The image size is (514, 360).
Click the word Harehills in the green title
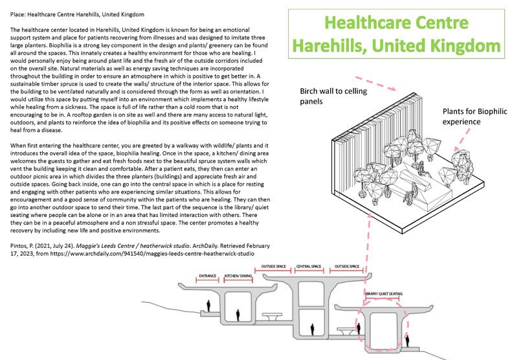click(x=333, y=47)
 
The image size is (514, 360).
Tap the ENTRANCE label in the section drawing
click(x=208, y=275)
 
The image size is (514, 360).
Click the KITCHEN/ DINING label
click(x=238, y=275)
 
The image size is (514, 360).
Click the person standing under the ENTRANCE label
click(x=208, y=304)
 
